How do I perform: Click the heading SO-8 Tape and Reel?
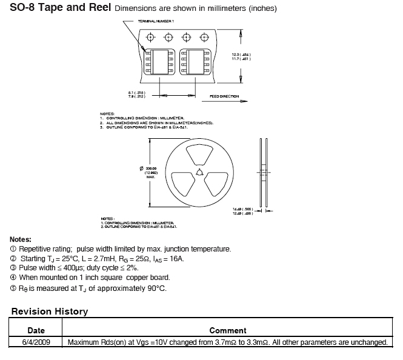[x=61, y=8]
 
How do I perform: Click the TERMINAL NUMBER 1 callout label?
[x=156, y=21]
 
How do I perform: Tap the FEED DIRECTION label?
[x=224, y=96]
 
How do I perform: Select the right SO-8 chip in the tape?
[x=197, y=62]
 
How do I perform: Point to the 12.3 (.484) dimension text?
[x=241, y=55]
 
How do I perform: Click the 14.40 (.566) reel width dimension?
[x=242, y=208]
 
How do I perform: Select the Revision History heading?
[x=50, y=312]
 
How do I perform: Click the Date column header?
[x=36, y=330]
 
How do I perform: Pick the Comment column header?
[x=227, y=330]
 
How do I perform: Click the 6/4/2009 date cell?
[x=36, y=342]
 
